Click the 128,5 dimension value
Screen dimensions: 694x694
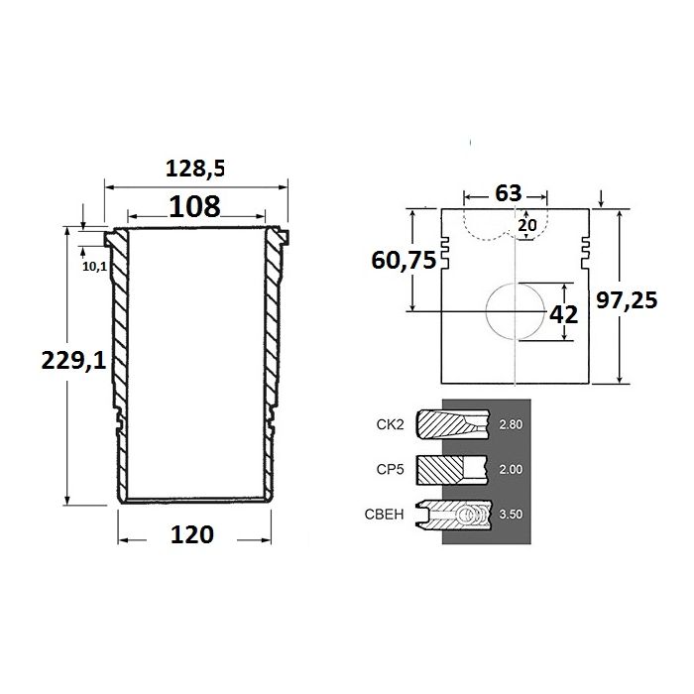coord(195,169)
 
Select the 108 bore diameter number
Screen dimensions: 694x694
coord(194,206)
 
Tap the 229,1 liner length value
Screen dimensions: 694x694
coord(73,360)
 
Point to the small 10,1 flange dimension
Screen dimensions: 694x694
coord(95,266)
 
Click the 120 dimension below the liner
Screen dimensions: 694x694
coord(192,534)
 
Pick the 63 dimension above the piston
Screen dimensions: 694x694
coord(509,193)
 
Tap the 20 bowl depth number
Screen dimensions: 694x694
coord(527,225)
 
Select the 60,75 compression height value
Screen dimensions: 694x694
coord(404,260)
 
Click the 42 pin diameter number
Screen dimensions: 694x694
coord(563,314)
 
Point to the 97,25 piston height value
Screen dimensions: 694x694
coord(627,300)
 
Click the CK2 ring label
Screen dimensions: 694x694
coord(391,424)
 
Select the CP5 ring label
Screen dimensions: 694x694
coord(391,469)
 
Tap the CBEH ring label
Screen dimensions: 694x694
coord(385,515)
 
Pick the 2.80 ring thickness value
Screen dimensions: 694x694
coord(511,424)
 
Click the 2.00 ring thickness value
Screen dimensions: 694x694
coord(511,469)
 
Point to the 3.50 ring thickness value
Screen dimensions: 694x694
coord(511,515)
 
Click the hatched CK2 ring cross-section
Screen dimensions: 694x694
coord(453,424)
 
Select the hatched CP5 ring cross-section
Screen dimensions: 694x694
coord(452,470)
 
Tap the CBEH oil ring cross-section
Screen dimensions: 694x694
coord(454,515)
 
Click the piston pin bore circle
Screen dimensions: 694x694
coord(516,310)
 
